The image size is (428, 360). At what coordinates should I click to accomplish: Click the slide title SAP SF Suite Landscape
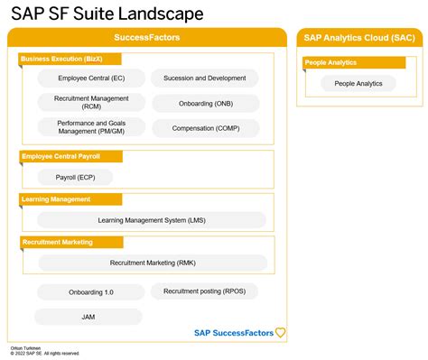pyautogui.click(x=107, y=14)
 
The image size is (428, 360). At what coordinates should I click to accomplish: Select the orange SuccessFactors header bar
pyautogui.click(x=146, y=37)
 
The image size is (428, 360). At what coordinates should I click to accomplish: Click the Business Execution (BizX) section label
pyautogui.click(x=69, y=59)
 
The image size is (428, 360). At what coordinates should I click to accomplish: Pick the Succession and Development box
pyautogui.click(x=204, y=78)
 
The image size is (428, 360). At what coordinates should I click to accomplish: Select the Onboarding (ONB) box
pyautogui.click(x=204, y=103)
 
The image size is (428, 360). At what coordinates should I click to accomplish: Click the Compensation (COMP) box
pyautogui.click(x=204, y=127)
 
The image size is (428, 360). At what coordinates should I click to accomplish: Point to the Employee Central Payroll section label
pyautogui.click(x=70, y=156)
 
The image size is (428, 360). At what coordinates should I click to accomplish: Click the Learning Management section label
pyautogui.click(x=69, y=198)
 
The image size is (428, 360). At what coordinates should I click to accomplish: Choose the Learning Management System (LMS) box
pyautogui.click(x=152, y=219)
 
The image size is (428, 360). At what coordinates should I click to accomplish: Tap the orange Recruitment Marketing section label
pyautogui.click(x=70, y=242)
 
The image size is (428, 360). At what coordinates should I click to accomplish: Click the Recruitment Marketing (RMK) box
pyautogui.click(x=152, y=263)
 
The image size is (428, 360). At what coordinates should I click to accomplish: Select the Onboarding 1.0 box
pyautogui.click(x=90, y=292)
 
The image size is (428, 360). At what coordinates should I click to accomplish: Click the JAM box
pyautogui.click(x=88, y=317)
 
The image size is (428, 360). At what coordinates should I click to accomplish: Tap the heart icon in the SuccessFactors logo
pyautogui.click(x=280, y=332)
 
